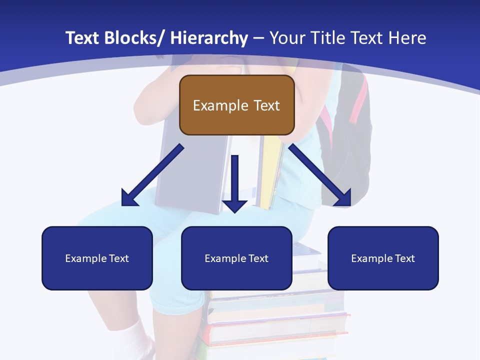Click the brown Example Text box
[236, 105]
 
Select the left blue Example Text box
[97, 258]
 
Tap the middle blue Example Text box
[236, 258]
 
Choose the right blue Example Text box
[383, 258]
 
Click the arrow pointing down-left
[152, 175]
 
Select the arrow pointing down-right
[320, 175]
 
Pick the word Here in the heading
[407, 38]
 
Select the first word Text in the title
[82, 38]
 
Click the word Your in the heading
[287, 38]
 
